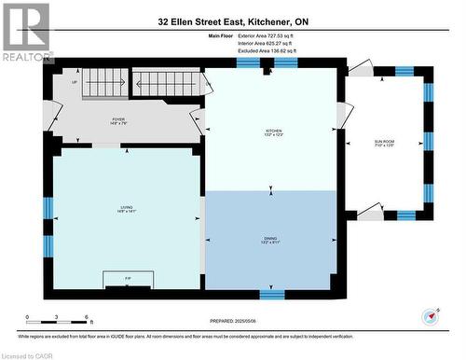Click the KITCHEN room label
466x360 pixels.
pos(273,132)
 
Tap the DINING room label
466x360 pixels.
pos(271,240)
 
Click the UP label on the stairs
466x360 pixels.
pos(75,82)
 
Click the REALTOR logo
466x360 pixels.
pos(25,33)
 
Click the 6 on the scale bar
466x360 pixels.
pos(87,319)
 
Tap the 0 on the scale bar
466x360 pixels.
pos(28,319)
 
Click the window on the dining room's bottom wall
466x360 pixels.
pos(271,294)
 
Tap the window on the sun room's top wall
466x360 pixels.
pos(404,71)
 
